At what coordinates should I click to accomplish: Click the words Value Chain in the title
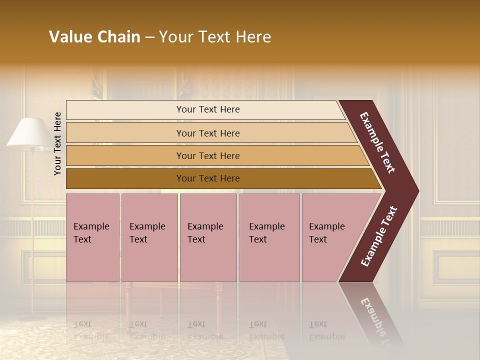(x=94, y=37)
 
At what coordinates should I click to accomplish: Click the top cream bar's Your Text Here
(x=208, y=109)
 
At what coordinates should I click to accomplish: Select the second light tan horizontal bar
(x=208, y=133)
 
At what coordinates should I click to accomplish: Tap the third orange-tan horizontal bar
(x=208, y=155)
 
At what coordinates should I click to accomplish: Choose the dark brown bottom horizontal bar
(x=208, y=178)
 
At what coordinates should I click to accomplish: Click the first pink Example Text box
(x=92, y=237)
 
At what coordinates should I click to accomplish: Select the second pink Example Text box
(x=149, y=237)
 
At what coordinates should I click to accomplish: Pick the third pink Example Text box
(x=208, y=237)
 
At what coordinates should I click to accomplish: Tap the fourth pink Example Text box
(x=269, y=237)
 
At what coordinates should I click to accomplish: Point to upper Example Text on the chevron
(x=377, y=142)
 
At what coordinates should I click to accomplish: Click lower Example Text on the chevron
(x=378, y=236)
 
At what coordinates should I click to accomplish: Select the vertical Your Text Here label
(x=57, y=143)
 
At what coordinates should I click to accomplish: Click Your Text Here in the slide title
(x=215, y=37)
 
